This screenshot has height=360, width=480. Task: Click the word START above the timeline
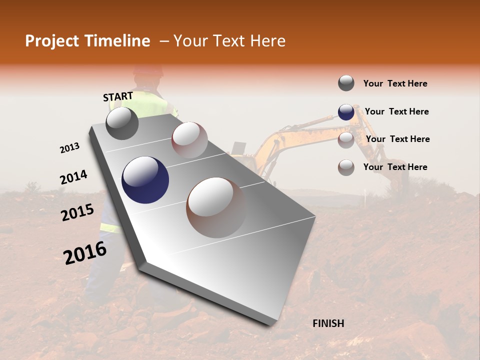coord(118,96)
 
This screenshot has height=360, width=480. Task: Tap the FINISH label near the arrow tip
coord(328,323)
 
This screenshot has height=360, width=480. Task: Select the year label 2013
coord(69,148)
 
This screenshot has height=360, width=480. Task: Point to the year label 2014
coord(73,177)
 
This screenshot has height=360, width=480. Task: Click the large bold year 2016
coord(85,253)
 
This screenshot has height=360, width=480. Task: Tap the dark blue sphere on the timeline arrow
coord(145,180)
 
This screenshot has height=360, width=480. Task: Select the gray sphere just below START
coord(122,123)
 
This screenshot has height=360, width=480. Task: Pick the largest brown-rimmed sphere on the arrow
coord(216,207)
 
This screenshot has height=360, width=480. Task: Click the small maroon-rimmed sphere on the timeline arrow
coord(189,139)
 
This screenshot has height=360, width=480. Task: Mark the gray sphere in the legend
coord(346,83)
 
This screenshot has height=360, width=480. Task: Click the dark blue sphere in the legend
coord(346,112)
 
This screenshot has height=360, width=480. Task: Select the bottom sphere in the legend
coord(346,167)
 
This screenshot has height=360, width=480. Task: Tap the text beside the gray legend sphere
coord(395,83)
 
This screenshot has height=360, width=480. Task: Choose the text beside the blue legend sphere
coord(396,111)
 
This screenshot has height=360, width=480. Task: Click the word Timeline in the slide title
coord(118,41)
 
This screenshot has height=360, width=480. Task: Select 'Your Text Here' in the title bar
coord(229,41)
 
